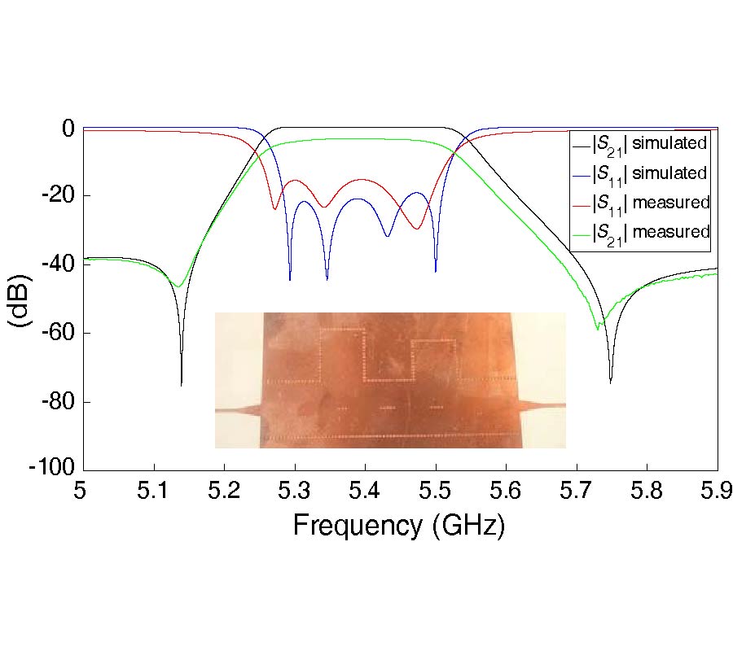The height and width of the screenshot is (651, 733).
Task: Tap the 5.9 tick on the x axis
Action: (x=717, y=490)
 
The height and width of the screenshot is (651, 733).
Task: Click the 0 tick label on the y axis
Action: (x=68, y=128)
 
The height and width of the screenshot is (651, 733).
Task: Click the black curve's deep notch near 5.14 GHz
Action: (x=181, y=382)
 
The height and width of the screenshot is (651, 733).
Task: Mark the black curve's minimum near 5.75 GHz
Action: (x=610, y=382)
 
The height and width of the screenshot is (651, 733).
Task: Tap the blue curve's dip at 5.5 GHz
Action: (x=436, y=271)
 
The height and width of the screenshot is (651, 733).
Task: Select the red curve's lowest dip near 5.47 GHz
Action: (x=416, y=229)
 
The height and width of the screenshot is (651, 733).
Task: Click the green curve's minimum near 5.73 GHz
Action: (x=598, y=328)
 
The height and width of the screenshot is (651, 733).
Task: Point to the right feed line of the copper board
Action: (x=542, y=404)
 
